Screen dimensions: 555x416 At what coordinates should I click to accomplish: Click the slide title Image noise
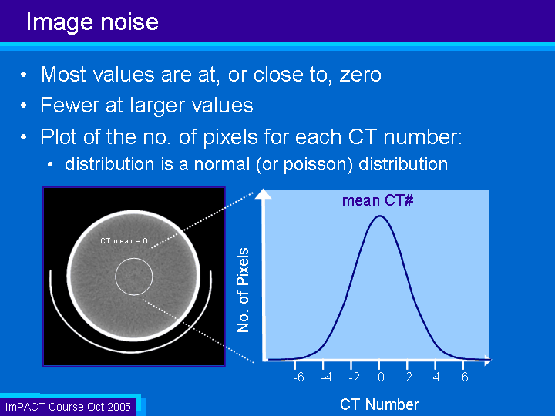tap(92, 22)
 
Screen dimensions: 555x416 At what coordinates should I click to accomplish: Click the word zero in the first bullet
tap(360, 75)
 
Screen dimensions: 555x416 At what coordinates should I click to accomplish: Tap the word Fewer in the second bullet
tap(69, 105)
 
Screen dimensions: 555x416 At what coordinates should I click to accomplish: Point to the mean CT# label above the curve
tap(378, 200)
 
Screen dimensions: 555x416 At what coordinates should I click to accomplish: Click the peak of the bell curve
tap(380, 216)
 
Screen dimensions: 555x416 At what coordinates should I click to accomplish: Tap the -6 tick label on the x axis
tap(298, 377)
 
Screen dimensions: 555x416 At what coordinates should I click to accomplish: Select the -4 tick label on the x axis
tap(326, 377)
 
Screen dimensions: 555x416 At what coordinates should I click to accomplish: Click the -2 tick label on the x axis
tap(355, 377)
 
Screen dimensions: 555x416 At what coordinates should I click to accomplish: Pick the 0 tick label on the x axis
tap(381, 377)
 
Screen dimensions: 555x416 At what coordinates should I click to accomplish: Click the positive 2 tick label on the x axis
tap(409, 377)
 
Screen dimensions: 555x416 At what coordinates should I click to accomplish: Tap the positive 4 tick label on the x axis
tap(436, 377)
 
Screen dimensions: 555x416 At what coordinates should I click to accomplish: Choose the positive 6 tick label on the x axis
tap(465, 377)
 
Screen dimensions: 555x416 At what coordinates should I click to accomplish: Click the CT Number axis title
tap(379, 404)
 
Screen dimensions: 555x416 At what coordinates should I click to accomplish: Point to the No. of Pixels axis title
tap(243, 290)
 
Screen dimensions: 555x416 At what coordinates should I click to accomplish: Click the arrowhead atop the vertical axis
tap(264, 194)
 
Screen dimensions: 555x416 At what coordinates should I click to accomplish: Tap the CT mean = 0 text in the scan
tap(124, 241)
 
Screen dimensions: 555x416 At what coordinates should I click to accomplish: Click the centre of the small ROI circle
tap(134, 277)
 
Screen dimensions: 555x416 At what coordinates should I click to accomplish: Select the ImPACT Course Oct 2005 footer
tap(68, 407)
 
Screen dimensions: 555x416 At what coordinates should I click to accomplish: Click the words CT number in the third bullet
tap(405, 137)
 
